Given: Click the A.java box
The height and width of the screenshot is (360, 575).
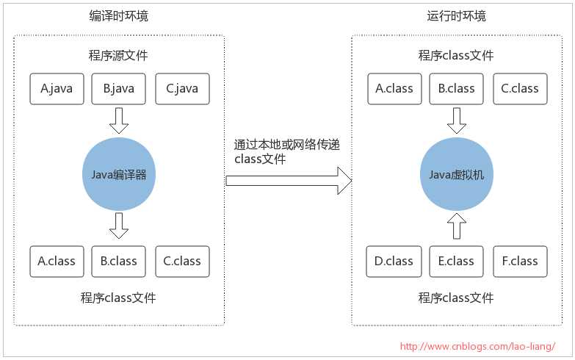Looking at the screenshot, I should coord(57,89).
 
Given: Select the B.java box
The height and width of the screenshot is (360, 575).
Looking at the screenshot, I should coord(118,89).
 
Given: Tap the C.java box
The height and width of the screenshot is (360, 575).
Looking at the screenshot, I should coord(182,89).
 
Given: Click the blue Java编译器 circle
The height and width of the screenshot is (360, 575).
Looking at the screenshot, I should coord(119,175).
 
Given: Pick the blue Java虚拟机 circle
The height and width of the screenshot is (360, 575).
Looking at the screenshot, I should coord(457,175).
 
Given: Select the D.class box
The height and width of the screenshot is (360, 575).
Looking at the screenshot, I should coord(394,262).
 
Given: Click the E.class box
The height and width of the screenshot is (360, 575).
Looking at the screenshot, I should coord(456,262).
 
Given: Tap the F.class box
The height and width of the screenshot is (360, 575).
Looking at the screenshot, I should coord(520,262).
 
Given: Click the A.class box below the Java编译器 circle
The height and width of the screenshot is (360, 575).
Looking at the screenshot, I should coord(57,262).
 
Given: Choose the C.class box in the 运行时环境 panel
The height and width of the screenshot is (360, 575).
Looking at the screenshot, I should coord(520,89).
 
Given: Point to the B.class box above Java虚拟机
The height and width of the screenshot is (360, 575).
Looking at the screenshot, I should coord(456,89).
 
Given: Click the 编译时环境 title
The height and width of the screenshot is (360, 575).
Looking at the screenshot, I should coord(118,15).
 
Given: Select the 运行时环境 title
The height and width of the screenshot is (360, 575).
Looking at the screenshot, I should coord(456,15).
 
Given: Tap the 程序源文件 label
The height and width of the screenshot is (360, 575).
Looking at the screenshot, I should coord(118,56).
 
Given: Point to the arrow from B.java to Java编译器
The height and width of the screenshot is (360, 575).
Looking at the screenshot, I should coord(118,120).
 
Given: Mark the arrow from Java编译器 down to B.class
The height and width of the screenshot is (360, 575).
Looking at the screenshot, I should coord(118,226).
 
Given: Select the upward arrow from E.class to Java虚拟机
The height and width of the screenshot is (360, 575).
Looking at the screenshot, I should coord(456,226).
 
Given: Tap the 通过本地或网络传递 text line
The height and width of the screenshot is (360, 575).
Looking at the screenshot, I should coord(287,145).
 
